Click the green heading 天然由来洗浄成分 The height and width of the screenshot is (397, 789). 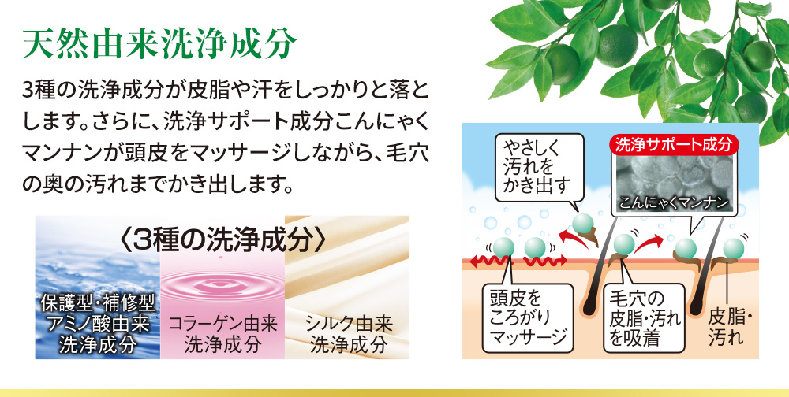pos(159,44)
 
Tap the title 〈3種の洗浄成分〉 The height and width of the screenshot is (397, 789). pos(222,242)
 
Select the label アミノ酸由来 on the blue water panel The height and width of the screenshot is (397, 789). pos(98,324)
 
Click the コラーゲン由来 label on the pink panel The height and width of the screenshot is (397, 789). pos(222,324)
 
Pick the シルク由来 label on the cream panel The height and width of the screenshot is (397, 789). pos(349,324)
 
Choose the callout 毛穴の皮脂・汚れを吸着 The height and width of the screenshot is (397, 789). pos(644,317)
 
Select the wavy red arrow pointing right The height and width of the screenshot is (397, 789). pos(546,260)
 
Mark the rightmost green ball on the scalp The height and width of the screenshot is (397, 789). pos(733,248)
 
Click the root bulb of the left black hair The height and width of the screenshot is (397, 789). pos(587,303)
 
